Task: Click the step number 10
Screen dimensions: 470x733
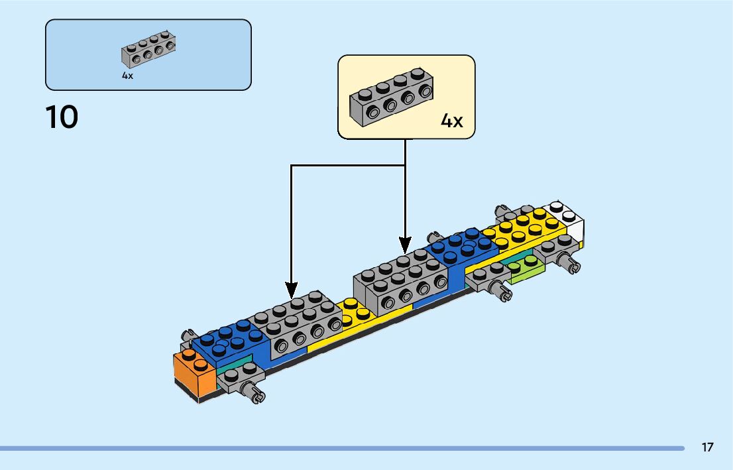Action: click(62, 117)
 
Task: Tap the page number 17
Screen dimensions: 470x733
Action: click(708, 447)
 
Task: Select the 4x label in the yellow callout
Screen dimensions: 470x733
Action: click(451, 121)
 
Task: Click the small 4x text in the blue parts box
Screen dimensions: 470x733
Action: click(127, 76)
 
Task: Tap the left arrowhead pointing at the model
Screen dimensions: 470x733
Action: click(292, 289)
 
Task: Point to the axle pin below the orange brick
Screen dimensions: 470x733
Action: click(254, 394)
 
